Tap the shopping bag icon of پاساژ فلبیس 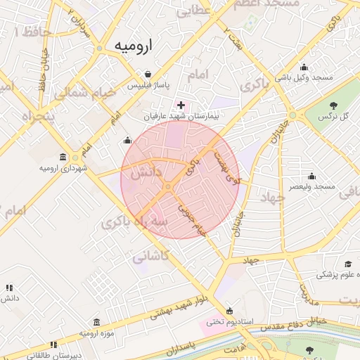click(x=148, y=74)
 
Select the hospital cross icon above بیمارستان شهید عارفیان click(x=181, y=105)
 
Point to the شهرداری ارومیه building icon click(x=64, y=157)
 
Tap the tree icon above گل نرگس click(x=334, y=105)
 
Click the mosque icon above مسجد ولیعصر click(x=312, y=176)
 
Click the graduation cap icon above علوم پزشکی click(x=348, y=265)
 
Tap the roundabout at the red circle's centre click(x=169, y=186)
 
